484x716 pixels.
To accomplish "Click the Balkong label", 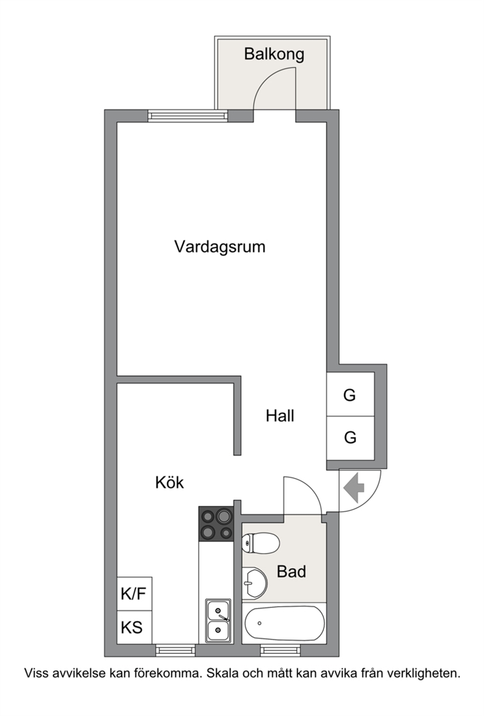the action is pyautogui.click(x=274, y=54).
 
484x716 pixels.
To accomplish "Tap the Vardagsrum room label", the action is pyautogui.click(x=219, y=247).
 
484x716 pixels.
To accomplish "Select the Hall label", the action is pyautogui.click(x=280, y=416).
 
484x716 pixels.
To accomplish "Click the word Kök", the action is pyautogui.click(x=170, y=482).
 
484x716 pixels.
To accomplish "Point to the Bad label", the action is pyautogui.click(x=291, y=571).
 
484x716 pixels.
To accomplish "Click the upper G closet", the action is pyautogui.click(x=350, y=395).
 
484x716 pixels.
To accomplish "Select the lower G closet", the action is pyautogui.click(x=350, y=438).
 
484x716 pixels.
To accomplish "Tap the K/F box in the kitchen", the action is pyautogui.click(x=134, y=594).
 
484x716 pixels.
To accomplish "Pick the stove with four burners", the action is pyautogui.click(x=216, y=524).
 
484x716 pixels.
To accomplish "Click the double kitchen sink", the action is pyautogui.click(x=218, y=620).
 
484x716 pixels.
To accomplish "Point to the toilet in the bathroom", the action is pyautogui.click(x=260, y=543).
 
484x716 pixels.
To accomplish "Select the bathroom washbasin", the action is pyautogui.click(x=254, y=583).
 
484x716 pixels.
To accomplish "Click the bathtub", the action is pyautogui.click(x=285, y=623).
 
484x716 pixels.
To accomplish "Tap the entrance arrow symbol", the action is pyautogui.click(x=354, y=488).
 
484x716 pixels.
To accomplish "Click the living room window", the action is pyautogui.click(x=188, y=116).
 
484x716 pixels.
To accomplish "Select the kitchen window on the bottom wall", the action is pyautogui.click(x=175, y=650).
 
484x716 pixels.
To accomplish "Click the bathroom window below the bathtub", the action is pyautogui.click(x=280, y=650).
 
